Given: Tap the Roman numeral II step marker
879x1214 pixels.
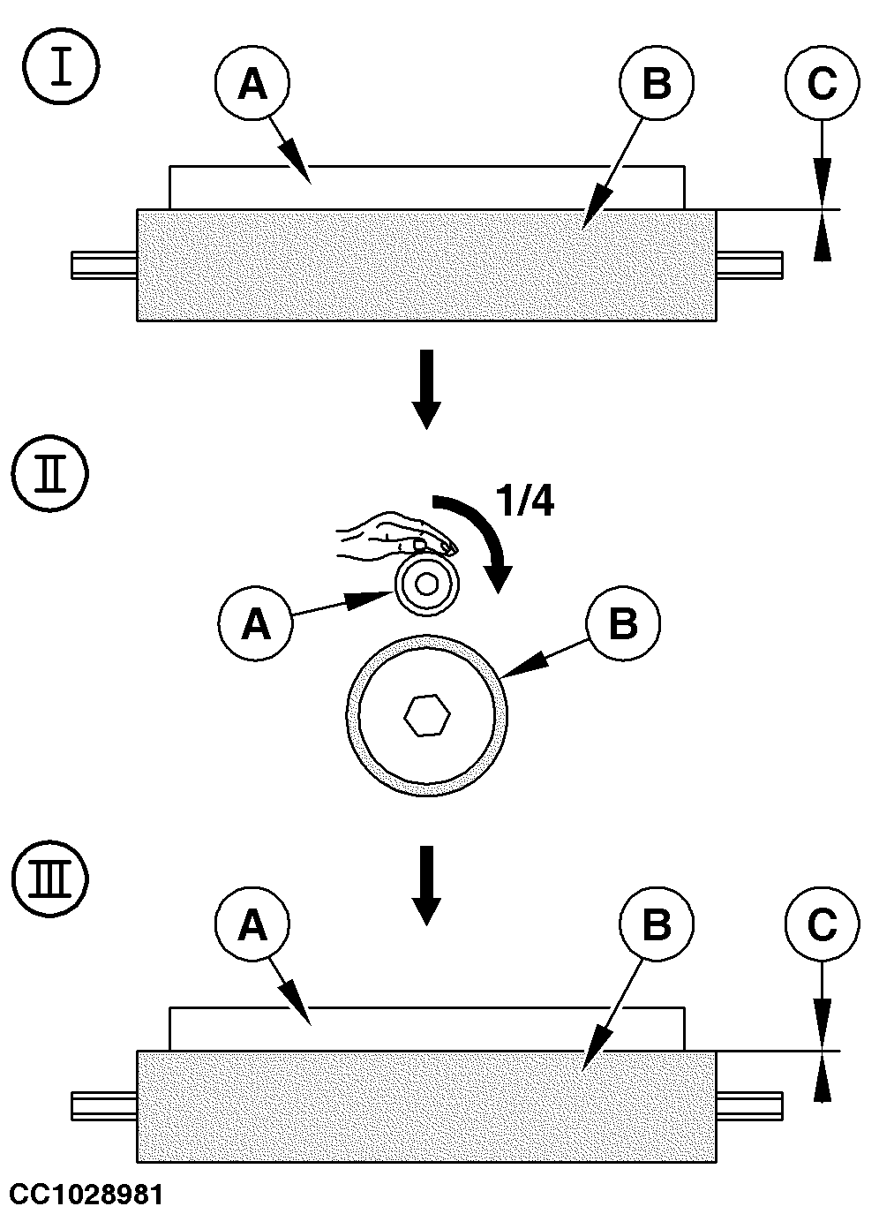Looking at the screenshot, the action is tap(49, 472).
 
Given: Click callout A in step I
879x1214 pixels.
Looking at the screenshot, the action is tap(252, 83).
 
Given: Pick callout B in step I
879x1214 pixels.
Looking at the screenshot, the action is tap(657, 83).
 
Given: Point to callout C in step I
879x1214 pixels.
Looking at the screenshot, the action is tap(823, 83).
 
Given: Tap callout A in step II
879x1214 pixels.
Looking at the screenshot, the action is tap(256, 622).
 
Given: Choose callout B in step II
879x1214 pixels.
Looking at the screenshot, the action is tap(623, 622).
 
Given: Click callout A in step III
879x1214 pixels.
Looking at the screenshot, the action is tap(252, 924).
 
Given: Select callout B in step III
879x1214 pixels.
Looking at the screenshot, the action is tap(657, 924).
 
